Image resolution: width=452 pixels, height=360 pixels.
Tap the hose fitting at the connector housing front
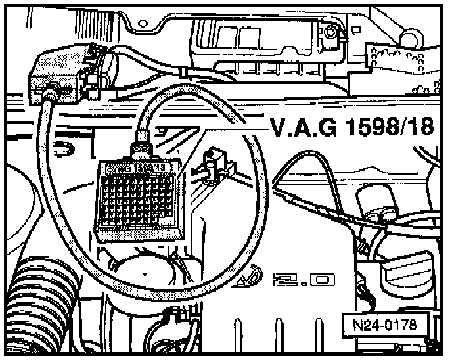47,97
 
